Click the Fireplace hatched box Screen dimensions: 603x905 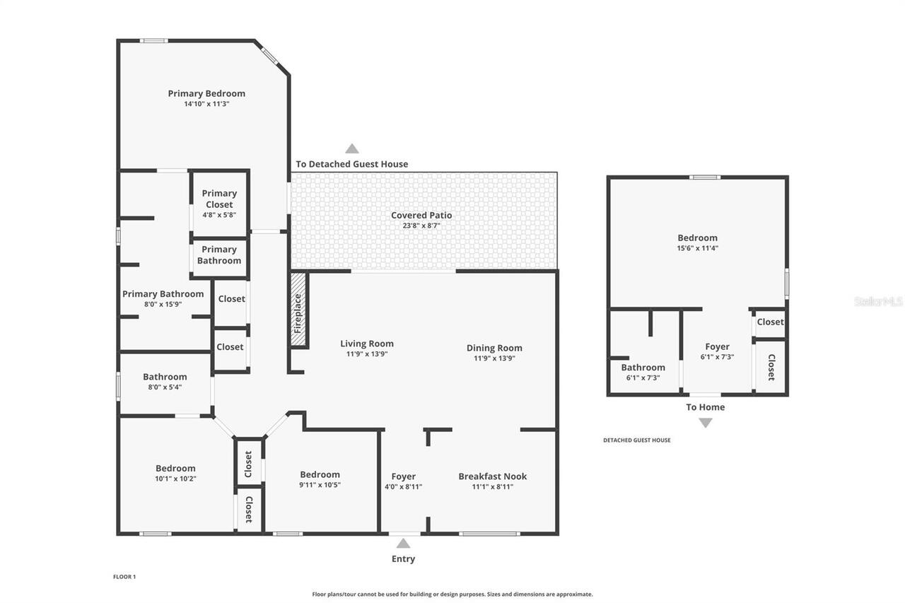point(298,310)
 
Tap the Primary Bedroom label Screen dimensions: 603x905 point(206,93)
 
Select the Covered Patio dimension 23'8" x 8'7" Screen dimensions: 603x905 point(421,226)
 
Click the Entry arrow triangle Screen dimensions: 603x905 point(403,543)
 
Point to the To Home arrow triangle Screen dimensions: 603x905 point(705,423)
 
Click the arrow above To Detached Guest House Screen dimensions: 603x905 point(351,148)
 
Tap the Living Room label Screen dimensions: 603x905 point(367,344)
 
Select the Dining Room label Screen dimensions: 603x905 point(494,348)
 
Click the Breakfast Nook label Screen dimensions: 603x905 point(492,476)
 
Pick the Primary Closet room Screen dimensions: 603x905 point(219,204)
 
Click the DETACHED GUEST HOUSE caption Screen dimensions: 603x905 point(636,440)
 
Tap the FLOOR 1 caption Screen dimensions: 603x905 point(124,577)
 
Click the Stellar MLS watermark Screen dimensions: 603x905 point(878,302)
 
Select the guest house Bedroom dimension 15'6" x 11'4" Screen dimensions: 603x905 point(697,248)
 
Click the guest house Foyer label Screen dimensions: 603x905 point(717,346)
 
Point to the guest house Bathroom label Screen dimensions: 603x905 point(643,367)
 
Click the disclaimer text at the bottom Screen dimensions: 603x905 point(452,595)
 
